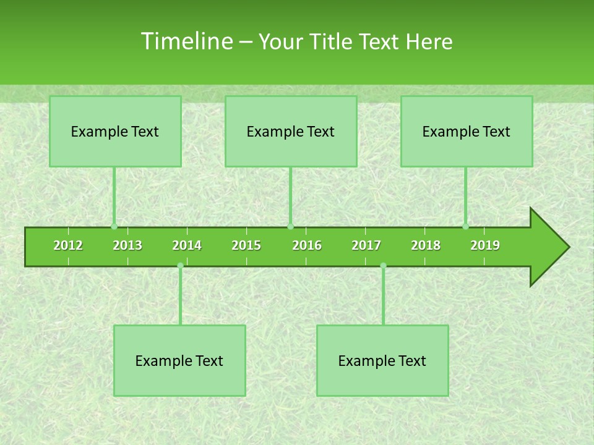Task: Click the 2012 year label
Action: [68, 245]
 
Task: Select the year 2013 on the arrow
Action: [127, 245]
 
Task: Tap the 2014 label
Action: [187, 245]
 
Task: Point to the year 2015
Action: [246, 245]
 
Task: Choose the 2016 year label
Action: [307, 245]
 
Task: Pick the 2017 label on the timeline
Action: [366, 245]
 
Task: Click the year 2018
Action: [426, 245]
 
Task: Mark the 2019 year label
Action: [485, 245]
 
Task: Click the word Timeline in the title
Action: [186, 41]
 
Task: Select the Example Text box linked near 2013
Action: [115, 131]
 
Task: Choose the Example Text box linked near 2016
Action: [291, 131]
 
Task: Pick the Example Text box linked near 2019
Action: [467, 131]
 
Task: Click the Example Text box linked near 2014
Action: [179, 360]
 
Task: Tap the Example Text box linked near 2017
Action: [382, 360]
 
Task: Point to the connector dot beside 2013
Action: [114, 227]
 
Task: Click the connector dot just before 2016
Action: [291, 227]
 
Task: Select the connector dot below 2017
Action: [383, 266]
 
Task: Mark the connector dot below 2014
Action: [180, 266]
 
